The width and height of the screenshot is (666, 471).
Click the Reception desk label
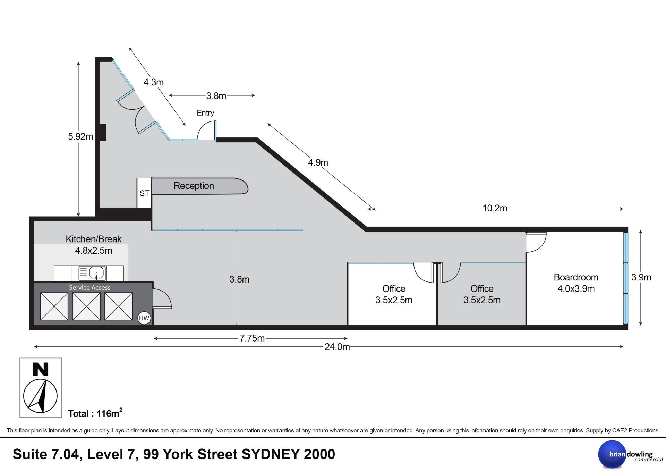[194, 186]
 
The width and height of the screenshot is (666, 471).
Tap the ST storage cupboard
[144, 193]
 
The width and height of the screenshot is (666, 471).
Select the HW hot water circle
[144, 318]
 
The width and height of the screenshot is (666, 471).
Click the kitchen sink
[92, 273]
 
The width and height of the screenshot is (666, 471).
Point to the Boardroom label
[576, 277]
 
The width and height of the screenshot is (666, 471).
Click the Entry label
[205, 113]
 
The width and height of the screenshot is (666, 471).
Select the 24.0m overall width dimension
[337, 347]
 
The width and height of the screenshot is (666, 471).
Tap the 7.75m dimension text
[252, 338]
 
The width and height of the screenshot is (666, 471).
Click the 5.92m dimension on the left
[80, 137]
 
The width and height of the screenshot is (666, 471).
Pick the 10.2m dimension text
[495, 209]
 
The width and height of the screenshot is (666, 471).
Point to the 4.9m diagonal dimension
[318, 162]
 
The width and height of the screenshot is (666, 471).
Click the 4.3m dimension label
[154, 82]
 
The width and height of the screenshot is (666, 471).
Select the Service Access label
[89, 288]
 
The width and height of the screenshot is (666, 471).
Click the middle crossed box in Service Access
[86, 306]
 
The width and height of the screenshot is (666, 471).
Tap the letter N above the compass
[41, 369]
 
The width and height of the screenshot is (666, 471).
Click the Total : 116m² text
[95, 413]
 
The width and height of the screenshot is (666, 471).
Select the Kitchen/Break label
[94, 239]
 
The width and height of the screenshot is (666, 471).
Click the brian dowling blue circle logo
[612, 454]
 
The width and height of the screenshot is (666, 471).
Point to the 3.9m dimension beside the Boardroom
[641, 277]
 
